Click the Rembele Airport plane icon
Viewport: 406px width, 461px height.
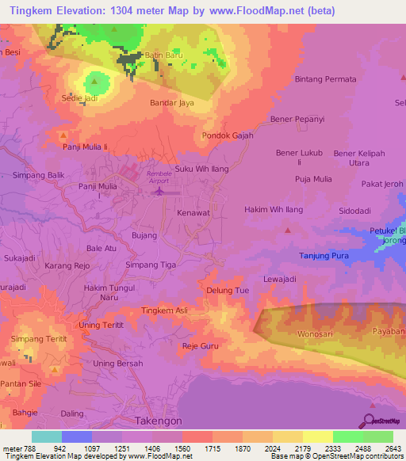click(x=159, y=190)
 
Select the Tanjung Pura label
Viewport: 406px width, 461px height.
click(x=324, y=255)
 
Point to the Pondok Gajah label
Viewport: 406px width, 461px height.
click(x=228, y=135)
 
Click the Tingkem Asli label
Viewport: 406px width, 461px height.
click(x=164, y=311)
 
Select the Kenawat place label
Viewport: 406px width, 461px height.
click(x=193, y=214)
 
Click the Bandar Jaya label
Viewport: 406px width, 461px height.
click(x=172, y=103)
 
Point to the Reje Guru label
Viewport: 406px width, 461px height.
click(x=200, y=346)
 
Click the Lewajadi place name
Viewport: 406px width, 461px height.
click(x=280, y=280)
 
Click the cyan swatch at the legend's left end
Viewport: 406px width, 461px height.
click(x=47, y=436)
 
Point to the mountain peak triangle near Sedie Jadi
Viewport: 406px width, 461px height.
click(x=96, y=79)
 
